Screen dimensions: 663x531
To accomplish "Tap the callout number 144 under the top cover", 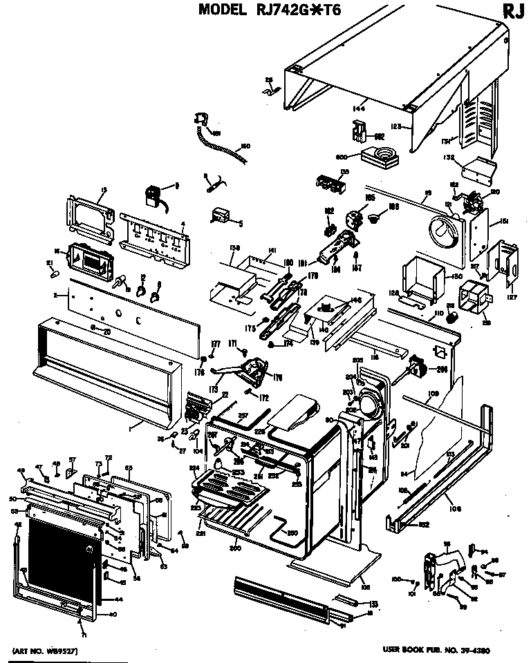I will pos(358,108).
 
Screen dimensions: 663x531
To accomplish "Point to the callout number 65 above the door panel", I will pos(129,467).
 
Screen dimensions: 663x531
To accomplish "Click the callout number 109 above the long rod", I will pos(433,393).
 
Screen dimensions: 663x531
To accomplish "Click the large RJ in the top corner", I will pos(512,12).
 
